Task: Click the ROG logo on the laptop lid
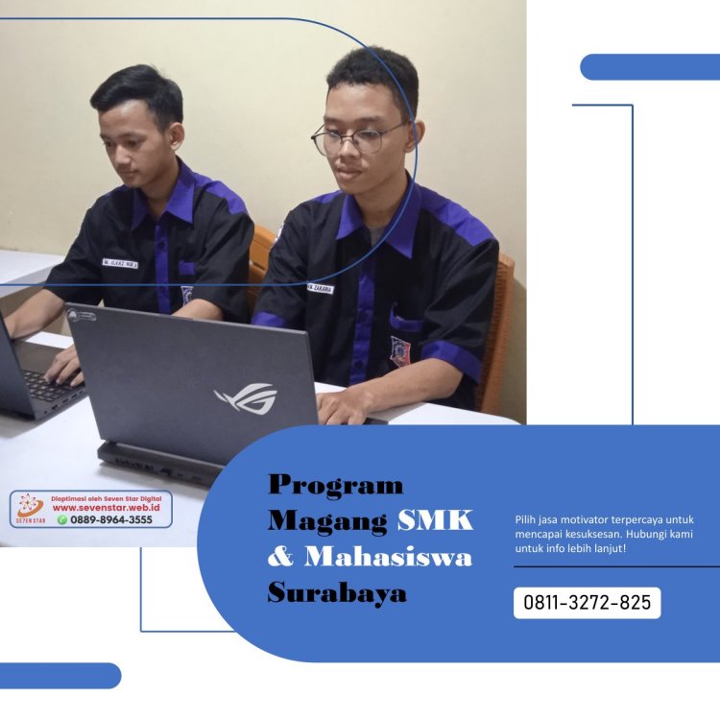246,396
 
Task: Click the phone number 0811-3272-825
587,603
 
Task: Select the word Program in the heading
335,484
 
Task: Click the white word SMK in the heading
435,520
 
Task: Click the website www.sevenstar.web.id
106,508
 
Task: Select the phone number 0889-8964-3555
111,519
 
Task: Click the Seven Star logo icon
30,506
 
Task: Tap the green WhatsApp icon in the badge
62,519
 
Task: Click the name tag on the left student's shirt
120,260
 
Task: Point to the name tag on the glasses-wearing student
320,287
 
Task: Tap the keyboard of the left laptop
48,384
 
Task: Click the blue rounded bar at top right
650,66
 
